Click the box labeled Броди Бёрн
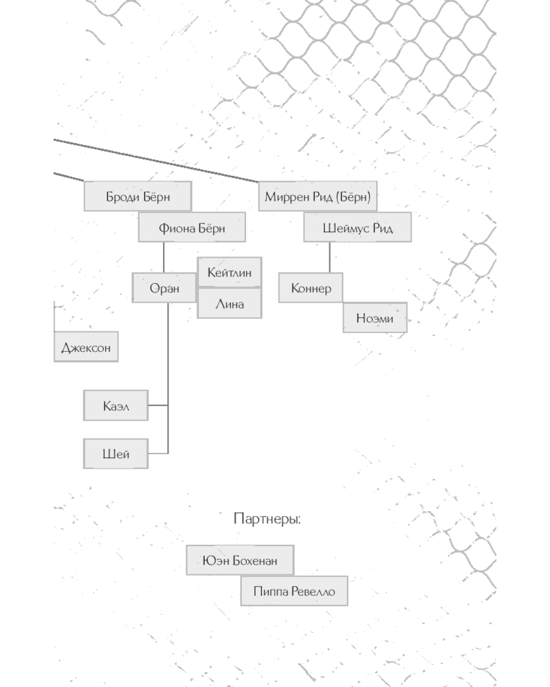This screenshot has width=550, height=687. [x=137, y=196]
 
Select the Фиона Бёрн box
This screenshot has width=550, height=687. [x=192, y=227]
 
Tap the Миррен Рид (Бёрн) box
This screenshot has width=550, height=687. [x=318, y=196]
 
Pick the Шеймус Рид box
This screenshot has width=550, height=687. [x=357, y=227]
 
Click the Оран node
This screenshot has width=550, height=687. [x=164, y=288]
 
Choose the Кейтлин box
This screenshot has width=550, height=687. [x=229, y=273]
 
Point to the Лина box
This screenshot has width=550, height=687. [x=229, y=304]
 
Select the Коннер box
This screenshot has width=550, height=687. [x=310, y=288]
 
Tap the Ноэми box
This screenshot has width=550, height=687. [x=375, y=318]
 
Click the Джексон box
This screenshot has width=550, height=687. [x=85, y=347]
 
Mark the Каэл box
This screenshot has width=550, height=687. [x=115, y=406]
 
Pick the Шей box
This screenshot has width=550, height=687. [x=115, y=453]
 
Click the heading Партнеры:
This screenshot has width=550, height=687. [x=267, y=519]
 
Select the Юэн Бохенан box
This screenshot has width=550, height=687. [x=240, y=561]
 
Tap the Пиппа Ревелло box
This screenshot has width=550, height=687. [x=294, y=591]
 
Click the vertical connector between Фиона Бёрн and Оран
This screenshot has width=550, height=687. [x=164, y=258]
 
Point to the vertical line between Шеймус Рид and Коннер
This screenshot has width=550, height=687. [x=329, y=258]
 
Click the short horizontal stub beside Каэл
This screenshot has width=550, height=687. [x=158, y=406]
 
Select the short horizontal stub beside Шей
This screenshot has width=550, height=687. [x=158, y=453]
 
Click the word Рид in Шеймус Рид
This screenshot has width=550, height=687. [x=382, y=227]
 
